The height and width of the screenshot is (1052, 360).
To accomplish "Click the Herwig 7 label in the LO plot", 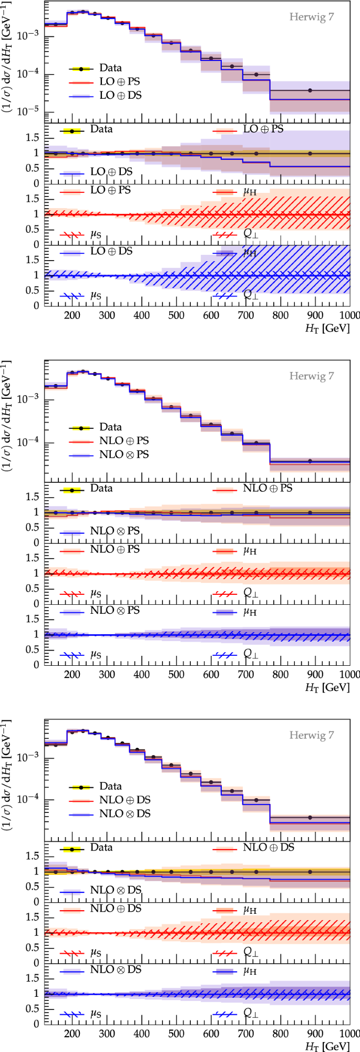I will coord(311,17).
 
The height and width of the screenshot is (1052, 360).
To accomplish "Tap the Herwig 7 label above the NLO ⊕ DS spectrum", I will coord(311,735).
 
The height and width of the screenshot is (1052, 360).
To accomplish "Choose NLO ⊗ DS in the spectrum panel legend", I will coord(125,813).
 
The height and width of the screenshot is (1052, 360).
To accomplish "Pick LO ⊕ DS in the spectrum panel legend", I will coord(120,96).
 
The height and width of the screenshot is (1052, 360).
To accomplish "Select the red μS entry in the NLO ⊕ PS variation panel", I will coord(95,594).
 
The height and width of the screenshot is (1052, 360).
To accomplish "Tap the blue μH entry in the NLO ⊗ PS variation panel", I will coord(250,612).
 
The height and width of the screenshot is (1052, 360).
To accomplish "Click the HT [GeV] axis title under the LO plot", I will coord(327,328).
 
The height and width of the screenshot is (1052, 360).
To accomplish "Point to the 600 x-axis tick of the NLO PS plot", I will coord(211,675).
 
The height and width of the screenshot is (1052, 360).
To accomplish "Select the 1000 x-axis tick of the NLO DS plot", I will coord(349,1034).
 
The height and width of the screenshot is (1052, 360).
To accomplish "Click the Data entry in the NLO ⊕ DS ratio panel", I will coord(101,848).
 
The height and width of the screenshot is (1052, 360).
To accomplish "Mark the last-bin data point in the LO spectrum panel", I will coord(310,90).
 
